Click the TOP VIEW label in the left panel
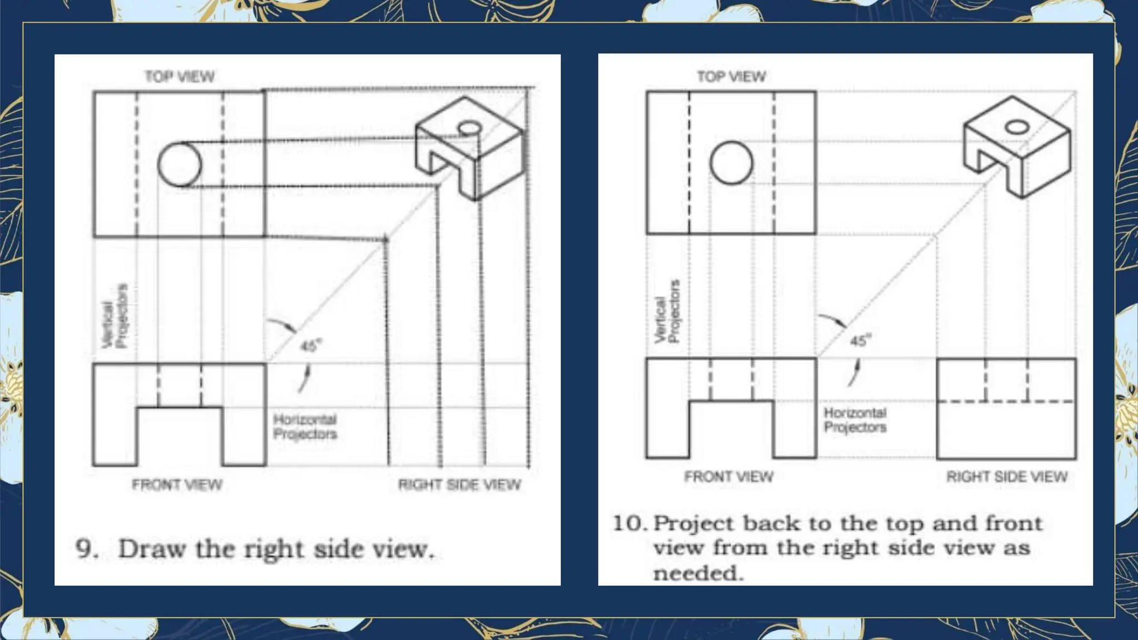pyautogui.click(x=179, y=76)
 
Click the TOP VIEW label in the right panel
pyautogui.click(x=731, y=76)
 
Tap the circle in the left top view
pyautogui.click(x=179, y=164)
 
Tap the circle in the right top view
pyautogui.click(x=731, y=162)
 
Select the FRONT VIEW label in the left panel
pyautogui.click(x=177, y=485)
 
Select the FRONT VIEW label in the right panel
pyautogui.click(x=728, y=477)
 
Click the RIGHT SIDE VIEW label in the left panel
pyautogui.click(x=460, y=485)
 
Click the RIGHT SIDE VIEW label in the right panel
pyautogui.click(x=1007, y=477)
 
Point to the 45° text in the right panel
pyautogui.click(x=861, y=340)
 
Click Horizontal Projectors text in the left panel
pyautogui.click(x=305, y=427)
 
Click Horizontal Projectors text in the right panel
pyautogui.click(x=855, y=420)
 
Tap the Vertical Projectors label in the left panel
pyautogui.click(x=116, y=317)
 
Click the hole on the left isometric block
pyautogui.click(x=470, y=129)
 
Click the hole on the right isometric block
pyautogui.click(x=1017, y=127)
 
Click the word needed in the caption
pyautogui.click(x=698, y=573)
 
